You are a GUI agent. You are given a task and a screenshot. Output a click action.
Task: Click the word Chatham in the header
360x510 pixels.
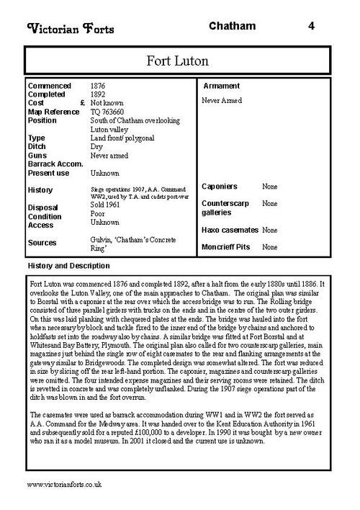click(232, 27)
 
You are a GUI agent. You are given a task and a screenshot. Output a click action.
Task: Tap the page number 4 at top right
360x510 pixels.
click(311, 27)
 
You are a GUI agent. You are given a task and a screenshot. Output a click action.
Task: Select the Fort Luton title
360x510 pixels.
click(179, 58)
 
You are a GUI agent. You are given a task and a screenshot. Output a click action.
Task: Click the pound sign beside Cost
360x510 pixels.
click(84, 103)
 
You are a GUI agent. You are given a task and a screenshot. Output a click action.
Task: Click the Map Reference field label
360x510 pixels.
click(53, 112)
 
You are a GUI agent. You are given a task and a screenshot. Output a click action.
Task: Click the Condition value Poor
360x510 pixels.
click(98, 214)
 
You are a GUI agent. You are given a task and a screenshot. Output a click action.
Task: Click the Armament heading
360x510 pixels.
click(222, 86)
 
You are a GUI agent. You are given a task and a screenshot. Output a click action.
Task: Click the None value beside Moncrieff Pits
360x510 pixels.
click(270, 247)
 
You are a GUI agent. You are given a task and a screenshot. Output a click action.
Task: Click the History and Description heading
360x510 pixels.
click(68, 266)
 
